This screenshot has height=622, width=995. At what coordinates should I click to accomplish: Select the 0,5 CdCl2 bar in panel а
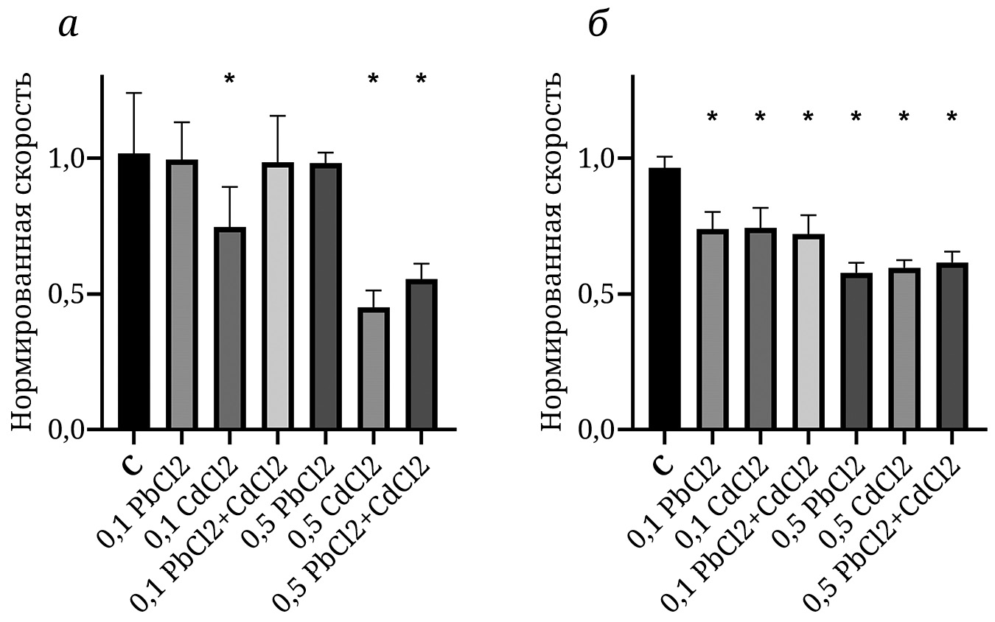coord(373,368)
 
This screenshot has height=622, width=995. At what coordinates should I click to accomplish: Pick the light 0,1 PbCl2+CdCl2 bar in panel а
coord(277,296)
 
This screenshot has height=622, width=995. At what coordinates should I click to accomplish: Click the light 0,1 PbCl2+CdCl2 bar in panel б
coord(808,332)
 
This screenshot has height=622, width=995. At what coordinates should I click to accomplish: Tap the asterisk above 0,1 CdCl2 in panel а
coord(229,79)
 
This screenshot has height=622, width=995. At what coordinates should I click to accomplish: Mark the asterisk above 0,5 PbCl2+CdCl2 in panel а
coord(421,79)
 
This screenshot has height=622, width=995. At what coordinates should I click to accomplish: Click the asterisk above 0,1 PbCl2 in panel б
coord(712,116)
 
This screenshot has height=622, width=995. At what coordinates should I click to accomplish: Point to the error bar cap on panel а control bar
coord(133,93)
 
